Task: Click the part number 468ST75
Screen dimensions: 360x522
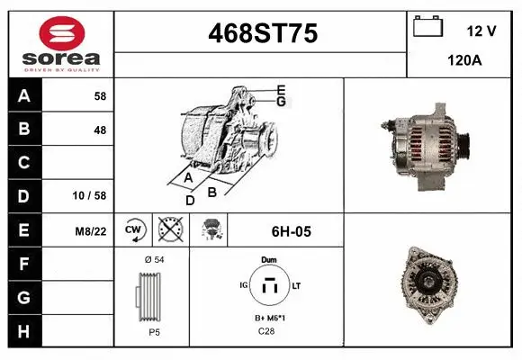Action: point(262,33)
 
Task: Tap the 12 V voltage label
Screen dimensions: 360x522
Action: point(481,31)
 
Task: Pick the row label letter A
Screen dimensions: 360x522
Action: point(24,95)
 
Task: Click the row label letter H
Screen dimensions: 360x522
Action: point(24,330)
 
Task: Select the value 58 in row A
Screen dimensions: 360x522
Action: point(100,95)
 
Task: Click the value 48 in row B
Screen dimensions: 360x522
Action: point(100,130)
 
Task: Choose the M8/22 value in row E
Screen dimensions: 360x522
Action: point(91,231)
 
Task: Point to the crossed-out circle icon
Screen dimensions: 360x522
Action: point(169,230)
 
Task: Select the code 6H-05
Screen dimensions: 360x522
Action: point(291,231)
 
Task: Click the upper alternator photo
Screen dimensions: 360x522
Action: point(428,143)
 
